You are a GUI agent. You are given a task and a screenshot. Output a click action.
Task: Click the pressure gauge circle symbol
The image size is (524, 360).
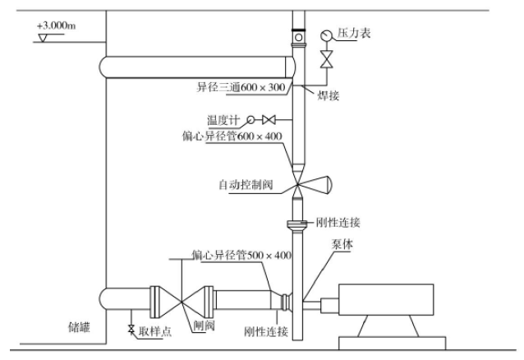[326, 35]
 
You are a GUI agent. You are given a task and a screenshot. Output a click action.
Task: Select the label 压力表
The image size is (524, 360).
[355, 34]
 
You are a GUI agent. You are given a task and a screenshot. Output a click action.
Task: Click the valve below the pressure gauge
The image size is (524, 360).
[326, 60]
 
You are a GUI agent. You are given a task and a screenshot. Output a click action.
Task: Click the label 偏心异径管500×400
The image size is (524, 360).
[241, 256]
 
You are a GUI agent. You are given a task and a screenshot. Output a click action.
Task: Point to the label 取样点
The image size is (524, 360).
[154, 331]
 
